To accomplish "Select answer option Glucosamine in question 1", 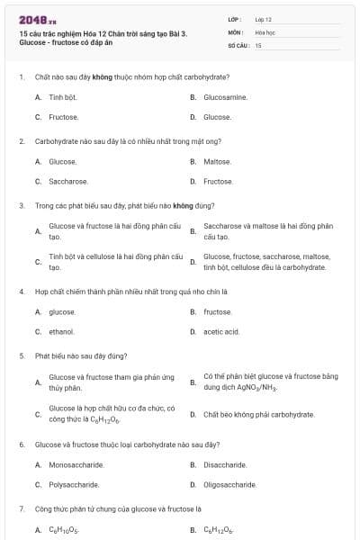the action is click(x=225, y=97).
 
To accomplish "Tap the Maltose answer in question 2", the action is click(x=218, y=162).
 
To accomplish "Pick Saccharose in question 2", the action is click(x=68, y=181).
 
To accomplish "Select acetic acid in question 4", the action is click(x=221, y=332).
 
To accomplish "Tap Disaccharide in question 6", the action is click(x=225, y=465).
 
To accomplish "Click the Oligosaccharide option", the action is click(x=229, y=484).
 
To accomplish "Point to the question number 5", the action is click(x=21, y=355).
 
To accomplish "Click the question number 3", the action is click(x=21, y=205).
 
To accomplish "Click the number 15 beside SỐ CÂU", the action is click(x=258, y=45).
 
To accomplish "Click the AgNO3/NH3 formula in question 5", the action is click(x=256, y=387).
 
